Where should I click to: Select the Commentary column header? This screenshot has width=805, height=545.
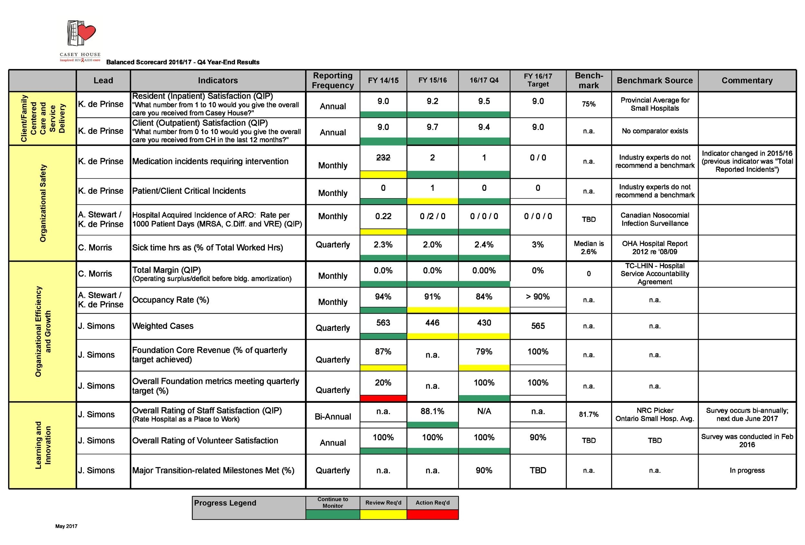click(x=747, y=81)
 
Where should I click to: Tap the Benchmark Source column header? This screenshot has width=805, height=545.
click(x=654, y=81)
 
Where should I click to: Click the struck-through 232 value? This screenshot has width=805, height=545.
click(x=383, y=158)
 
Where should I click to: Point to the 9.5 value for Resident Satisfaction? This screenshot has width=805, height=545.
click(x=484, y=101)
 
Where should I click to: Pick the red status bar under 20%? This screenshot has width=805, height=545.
click(x=383, y=398)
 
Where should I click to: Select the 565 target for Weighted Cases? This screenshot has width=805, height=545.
click(x=538, y=326)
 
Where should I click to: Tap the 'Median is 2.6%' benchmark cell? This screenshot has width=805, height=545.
click(x=588, y=248)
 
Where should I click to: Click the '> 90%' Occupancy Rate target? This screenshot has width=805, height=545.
click(x=538, y=297)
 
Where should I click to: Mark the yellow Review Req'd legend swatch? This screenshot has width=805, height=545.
click(x=383, y=514)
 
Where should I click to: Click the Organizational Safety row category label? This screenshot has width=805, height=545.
click(x=43, y=203)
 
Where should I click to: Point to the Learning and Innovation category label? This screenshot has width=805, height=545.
click(x=43, y=445)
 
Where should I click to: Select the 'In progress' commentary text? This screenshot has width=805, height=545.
click(x=747, y=471)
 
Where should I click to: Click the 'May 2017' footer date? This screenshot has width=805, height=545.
click(x=66, y=526)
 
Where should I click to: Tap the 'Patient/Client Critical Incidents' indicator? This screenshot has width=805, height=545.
click(x=189, y=191)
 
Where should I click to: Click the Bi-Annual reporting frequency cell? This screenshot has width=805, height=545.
click(x=333, y=417)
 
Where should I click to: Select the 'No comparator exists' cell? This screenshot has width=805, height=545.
click(x=654, y=131)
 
